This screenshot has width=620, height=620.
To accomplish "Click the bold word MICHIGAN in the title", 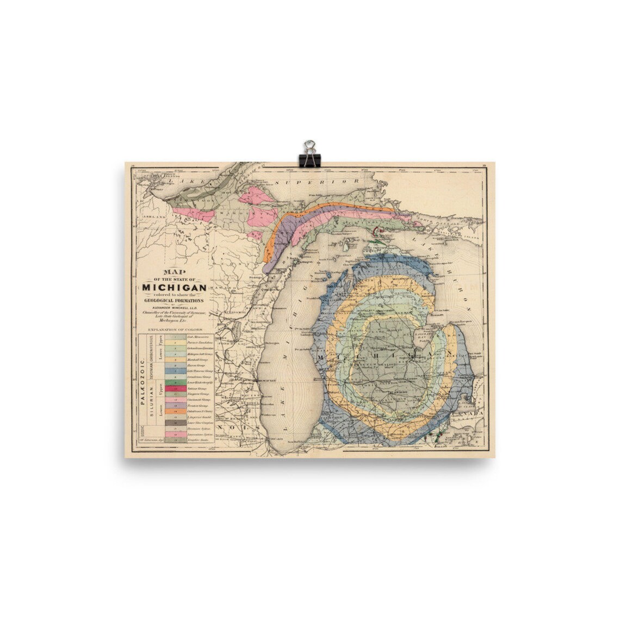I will tap(173, 287).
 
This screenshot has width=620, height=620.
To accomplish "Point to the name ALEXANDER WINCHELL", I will tap(173, 307).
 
